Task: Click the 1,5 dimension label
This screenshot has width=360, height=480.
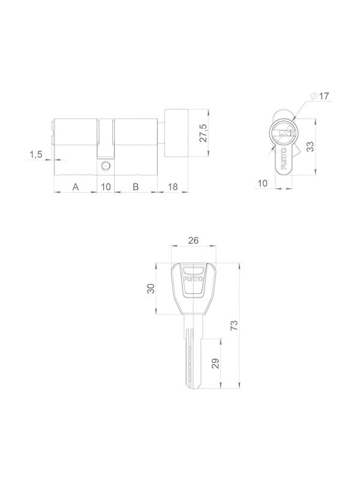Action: (36, 155)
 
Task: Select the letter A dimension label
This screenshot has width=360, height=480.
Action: (76, 187)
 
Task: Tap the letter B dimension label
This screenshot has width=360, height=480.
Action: (136, 187)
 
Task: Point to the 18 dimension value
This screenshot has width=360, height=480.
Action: (173, 187)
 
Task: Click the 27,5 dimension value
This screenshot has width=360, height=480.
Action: (203, 133)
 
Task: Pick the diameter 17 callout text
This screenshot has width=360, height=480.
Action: (320, 96)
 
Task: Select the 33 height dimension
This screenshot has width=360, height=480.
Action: (310, 147)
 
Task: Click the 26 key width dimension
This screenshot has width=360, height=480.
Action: (193, 241)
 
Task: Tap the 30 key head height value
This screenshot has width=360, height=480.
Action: (151, 289)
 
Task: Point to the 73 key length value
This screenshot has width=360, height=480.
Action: (234, 325)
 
